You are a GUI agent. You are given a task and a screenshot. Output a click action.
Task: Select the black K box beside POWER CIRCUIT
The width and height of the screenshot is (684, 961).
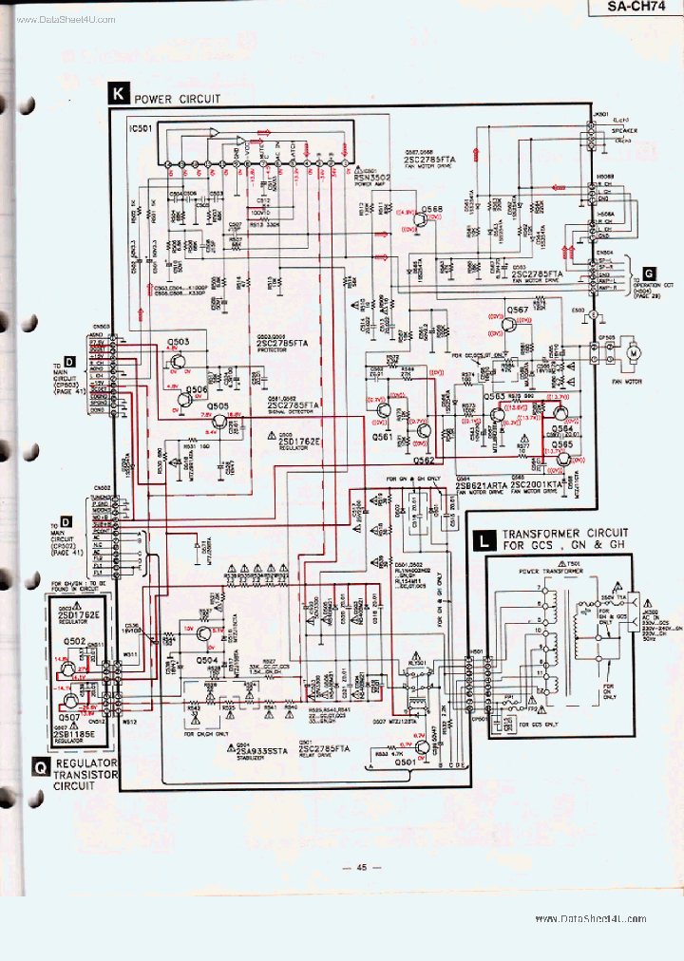(x=118, y=93)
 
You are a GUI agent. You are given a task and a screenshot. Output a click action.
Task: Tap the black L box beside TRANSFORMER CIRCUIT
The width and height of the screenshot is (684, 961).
(x=484, y=541)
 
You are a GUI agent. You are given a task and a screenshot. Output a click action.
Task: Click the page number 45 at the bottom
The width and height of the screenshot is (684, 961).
(x=361, y=867)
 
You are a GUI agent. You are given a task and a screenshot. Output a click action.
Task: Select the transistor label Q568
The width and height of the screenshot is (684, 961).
(x=432, y=208)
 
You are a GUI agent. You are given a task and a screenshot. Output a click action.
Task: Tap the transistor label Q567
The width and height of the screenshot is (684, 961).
(x=518, y=311)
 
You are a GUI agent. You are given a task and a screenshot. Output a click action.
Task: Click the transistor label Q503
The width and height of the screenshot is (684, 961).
(x=178, y=341)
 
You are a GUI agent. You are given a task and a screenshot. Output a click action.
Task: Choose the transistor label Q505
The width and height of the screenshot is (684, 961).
(x=218, y=406)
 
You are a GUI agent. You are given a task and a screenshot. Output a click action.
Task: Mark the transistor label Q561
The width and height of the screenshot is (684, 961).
(x=382, y=436)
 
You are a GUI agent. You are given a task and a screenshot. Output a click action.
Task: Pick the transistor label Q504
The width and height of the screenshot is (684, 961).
(x=207, y=659)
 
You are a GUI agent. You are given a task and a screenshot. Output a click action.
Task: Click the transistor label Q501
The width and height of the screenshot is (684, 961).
(x=406, y=762)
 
